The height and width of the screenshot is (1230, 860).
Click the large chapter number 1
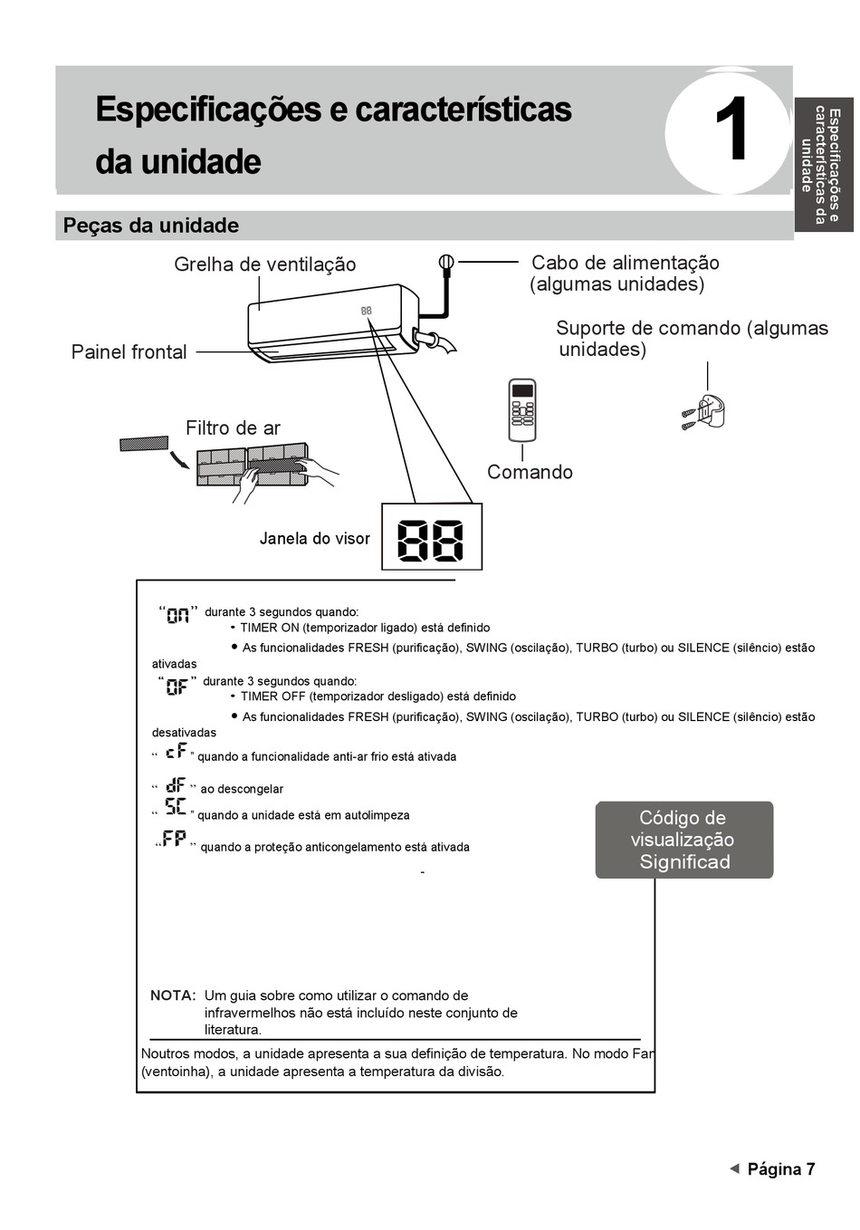point(731,132)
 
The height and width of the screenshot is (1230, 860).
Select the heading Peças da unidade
point(151,226)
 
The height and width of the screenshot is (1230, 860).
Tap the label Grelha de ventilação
point(265,264)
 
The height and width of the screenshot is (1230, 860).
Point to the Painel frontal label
point(129,351)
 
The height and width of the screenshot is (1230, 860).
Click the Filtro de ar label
point(233,428)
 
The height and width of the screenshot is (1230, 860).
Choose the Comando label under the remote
point(530,472)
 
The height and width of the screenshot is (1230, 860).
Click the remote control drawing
point(522,409)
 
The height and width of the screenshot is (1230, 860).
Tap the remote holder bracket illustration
point(707,412)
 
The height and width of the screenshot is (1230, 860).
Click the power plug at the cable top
point(445,263)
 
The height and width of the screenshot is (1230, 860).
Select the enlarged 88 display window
point(432,537)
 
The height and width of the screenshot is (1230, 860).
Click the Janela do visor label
point(314,538)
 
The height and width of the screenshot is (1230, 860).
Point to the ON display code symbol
point(178,615)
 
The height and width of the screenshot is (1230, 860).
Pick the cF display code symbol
point(176,752)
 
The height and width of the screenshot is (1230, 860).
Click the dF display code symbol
point(176,785)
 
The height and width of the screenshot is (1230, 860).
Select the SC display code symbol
point(176,808)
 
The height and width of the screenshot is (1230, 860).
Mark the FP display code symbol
point(175,840)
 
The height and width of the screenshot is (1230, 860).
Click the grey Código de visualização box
point(683,840)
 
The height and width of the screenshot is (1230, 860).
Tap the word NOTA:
point(173,995)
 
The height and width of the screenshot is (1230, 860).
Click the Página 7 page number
point(780,1168)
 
